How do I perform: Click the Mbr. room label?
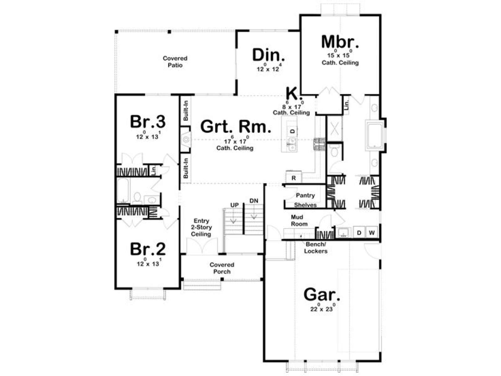[x=340, y=42]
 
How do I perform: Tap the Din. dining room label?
[x=268, y=55]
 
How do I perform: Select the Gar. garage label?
[x=322, y=295]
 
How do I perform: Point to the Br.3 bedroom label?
[x=148, y=122]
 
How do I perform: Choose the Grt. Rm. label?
[x=235, y=127]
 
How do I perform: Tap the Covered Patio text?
[x=175, y=62]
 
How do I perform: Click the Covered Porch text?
[x=222, y=268]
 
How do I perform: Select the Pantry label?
[x=305, y=195]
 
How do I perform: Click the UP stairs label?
[x=235, y=205]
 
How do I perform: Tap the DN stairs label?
[x=254, y=201]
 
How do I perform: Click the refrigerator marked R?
[x=293, y=178]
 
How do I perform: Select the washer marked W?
[x=372, y=232]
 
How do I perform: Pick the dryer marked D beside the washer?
[x=359, y=232]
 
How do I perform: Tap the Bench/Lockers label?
[x=316, y=248]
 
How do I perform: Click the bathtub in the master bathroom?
[x=374, y=135]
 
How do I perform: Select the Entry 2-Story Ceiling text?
[x=201, y=227]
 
